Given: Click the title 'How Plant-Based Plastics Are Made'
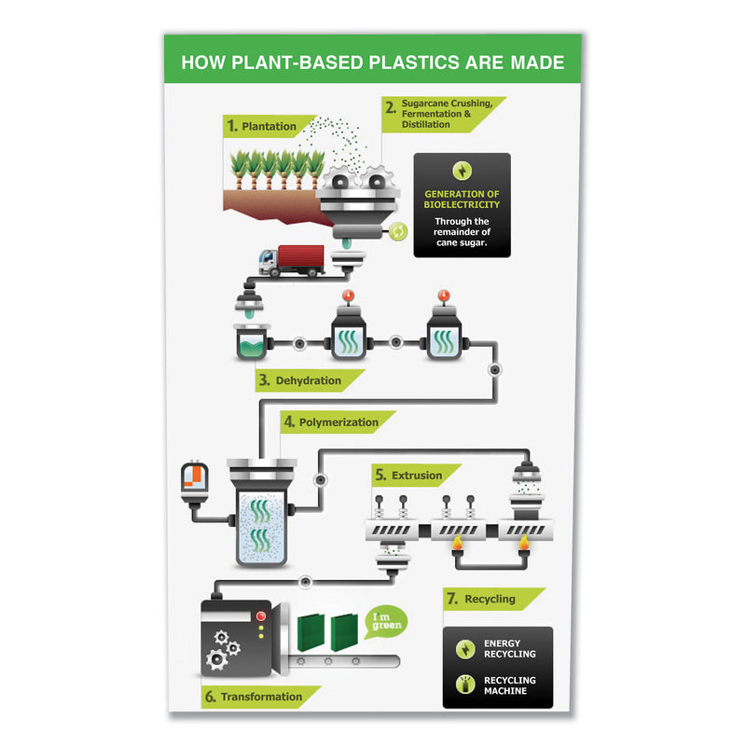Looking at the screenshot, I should click(372, 62).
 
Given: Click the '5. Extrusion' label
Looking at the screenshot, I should click(411, 476).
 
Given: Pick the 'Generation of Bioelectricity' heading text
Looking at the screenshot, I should click(463, 199).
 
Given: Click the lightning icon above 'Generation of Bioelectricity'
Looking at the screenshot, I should click(463, 172).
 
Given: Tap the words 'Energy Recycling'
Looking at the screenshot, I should click(509, 649).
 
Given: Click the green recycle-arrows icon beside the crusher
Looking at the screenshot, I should click(398, 231).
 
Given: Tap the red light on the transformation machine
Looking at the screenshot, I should click(261, 616).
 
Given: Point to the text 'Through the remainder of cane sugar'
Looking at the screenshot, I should click(463, 232).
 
